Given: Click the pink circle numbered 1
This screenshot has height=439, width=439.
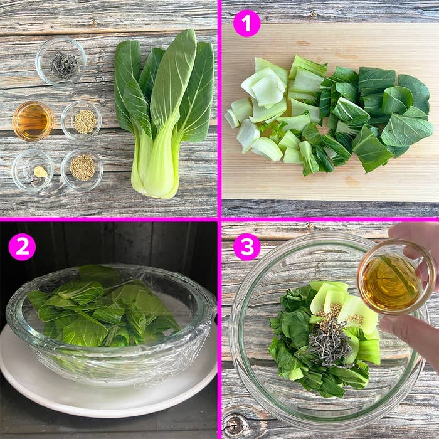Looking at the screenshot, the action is [246, 23].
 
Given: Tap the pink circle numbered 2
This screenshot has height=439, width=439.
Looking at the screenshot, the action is [22, 246].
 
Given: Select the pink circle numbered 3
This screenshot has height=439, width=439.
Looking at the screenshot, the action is [246, 246].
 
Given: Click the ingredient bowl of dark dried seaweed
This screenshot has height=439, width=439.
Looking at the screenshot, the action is [61, 61].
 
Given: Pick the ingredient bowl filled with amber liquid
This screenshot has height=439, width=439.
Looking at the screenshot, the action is [33, 121].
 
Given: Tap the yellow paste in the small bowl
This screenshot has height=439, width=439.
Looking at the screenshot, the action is [41, 171].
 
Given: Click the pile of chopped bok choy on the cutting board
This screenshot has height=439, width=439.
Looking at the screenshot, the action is [329, 115].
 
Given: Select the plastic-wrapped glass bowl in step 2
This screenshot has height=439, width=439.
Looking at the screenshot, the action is [111, 322].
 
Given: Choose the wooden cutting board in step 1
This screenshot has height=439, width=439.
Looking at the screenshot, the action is [330, 112].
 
